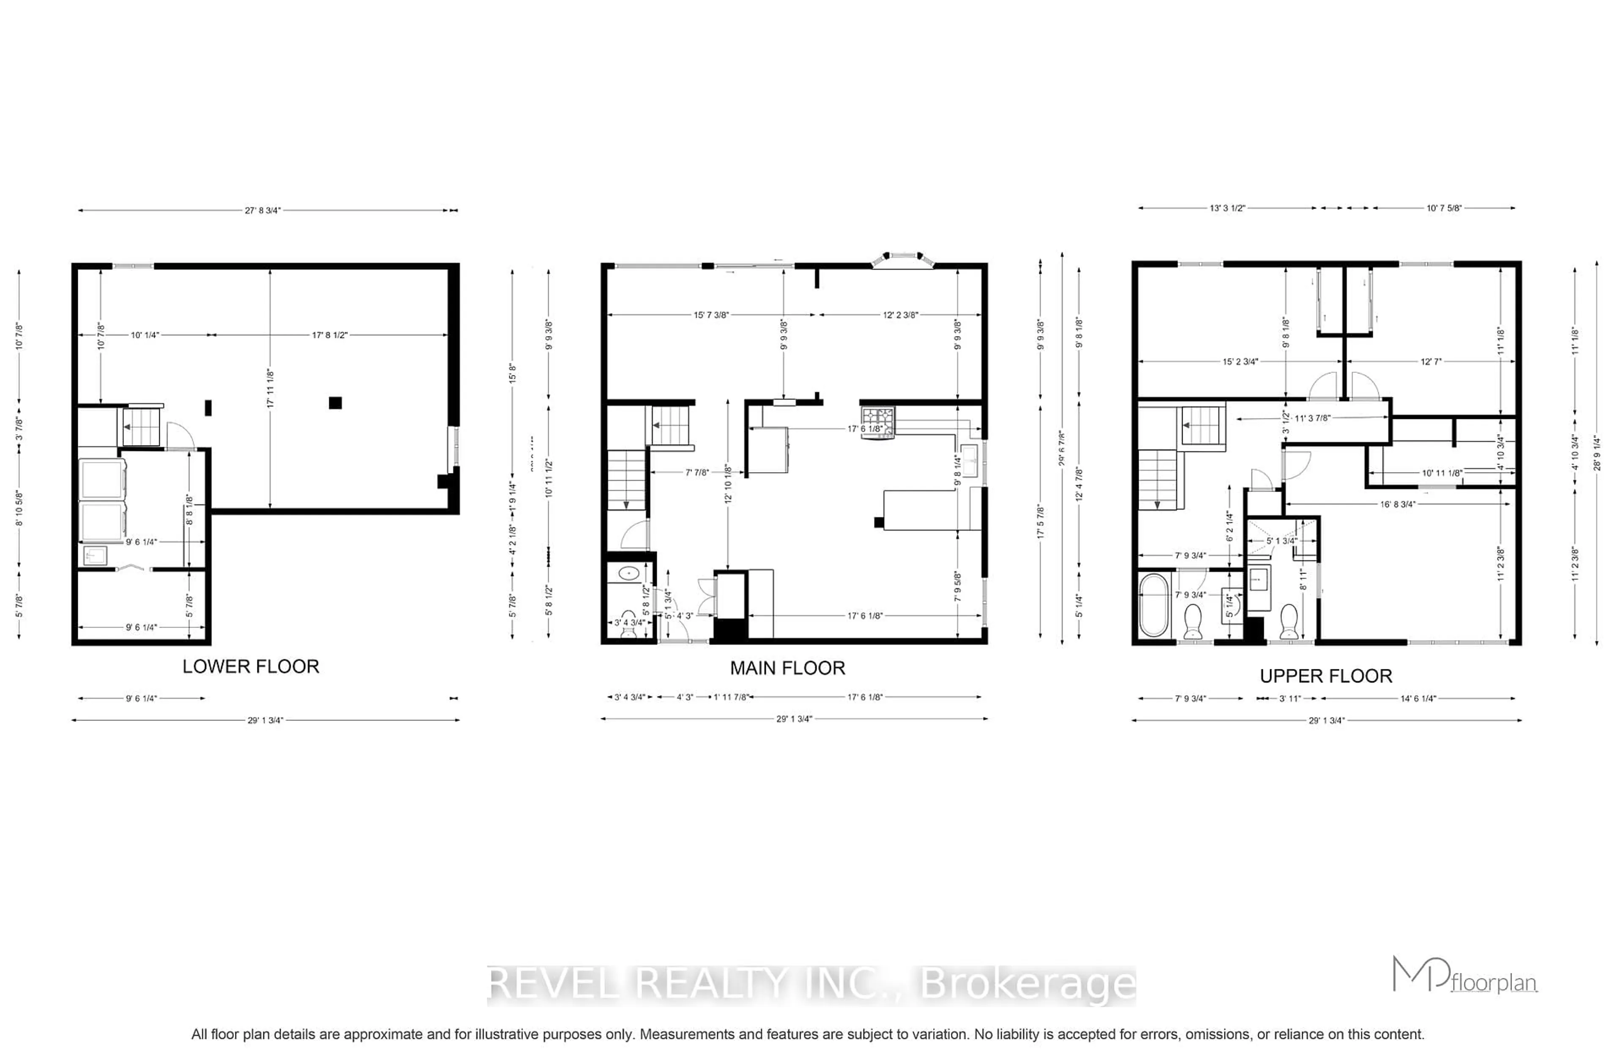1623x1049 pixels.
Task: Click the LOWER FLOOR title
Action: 250,666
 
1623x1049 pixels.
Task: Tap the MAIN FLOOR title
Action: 787,668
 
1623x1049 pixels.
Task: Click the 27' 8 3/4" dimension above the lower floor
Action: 262,210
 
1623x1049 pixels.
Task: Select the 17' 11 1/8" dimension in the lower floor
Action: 270,388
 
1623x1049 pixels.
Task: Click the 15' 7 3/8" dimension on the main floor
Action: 711,315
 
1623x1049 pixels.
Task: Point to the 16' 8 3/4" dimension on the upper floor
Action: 1397,504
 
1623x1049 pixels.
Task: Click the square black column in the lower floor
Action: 335,402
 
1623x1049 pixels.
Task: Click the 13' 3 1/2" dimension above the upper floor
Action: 1227,208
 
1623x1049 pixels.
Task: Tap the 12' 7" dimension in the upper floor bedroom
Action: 1431,361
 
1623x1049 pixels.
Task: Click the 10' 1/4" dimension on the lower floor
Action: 145,335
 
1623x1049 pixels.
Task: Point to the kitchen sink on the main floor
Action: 969,461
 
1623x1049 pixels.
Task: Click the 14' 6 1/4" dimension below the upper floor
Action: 1418,698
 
